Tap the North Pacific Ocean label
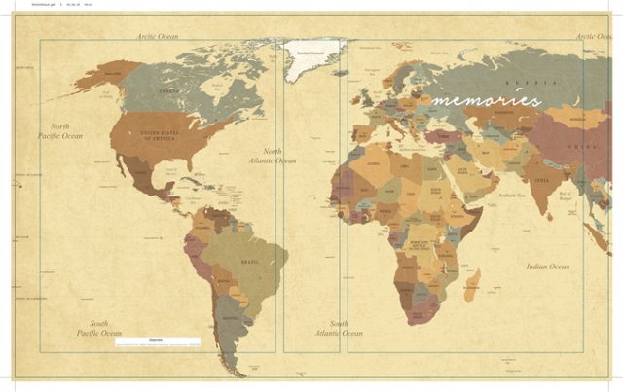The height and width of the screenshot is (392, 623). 60,131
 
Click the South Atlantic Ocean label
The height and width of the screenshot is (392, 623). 339,328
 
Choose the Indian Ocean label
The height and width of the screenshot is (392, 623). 548,267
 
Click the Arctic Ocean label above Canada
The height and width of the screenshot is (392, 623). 158,36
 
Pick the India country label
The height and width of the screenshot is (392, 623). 541,181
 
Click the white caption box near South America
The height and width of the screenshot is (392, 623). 157,341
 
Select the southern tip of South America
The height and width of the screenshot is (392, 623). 232,368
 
